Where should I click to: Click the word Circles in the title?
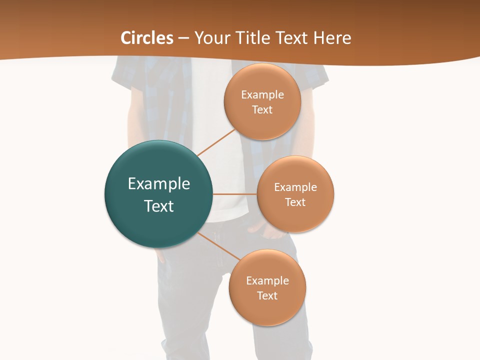[147, 38]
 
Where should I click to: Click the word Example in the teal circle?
[159, 184]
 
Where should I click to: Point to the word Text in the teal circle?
[159, 206]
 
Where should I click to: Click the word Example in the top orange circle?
[262, 95]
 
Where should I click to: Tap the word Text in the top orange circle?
[262, 110]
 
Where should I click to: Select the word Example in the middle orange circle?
[295, 187]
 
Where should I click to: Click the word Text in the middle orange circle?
[295, 202]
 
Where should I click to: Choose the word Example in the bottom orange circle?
[267, 281]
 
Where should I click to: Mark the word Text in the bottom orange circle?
[267, 296]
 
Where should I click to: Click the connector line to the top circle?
[216, 142]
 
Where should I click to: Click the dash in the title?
[183, 38]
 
